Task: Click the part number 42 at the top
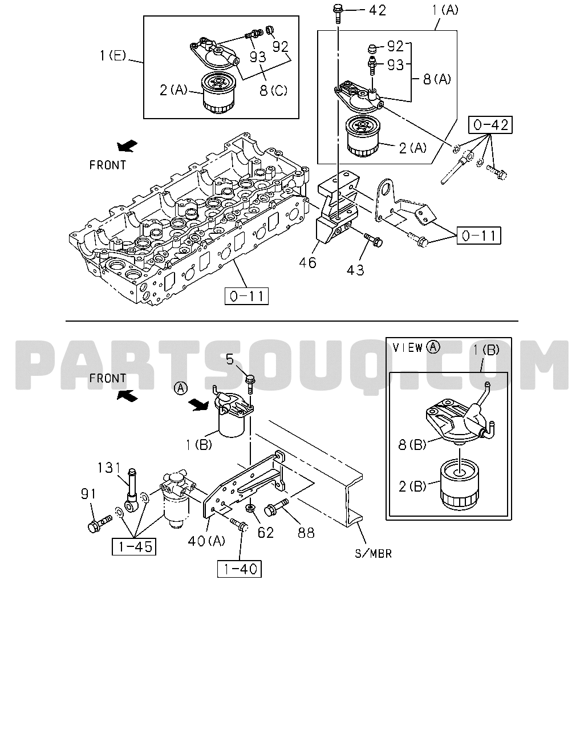coord(378,10)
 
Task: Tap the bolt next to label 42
coord(338,13)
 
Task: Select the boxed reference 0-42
coord(490,125)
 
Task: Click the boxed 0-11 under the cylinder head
coord(247,296)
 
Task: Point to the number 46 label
coord(308,262)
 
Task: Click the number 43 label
coord(355,270)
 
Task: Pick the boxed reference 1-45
coord(134,546)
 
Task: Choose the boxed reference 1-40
coord(240,569)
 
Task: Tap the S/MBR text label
coord(374,554)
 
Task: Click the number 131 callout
coord(109,468)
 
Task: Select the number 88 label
coord(306,533)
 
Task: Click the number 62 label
coord(266,533)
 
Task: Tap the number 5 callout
coord(230,359)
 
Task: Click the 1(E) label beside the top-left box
coord(113,55)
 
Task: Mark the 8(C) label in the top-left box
coord(274,90)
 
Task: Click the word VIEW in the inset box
coord(407,347)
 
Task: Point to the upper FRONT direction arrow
coord(127,146)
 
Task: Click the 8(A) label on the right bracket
coord(437,79)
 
